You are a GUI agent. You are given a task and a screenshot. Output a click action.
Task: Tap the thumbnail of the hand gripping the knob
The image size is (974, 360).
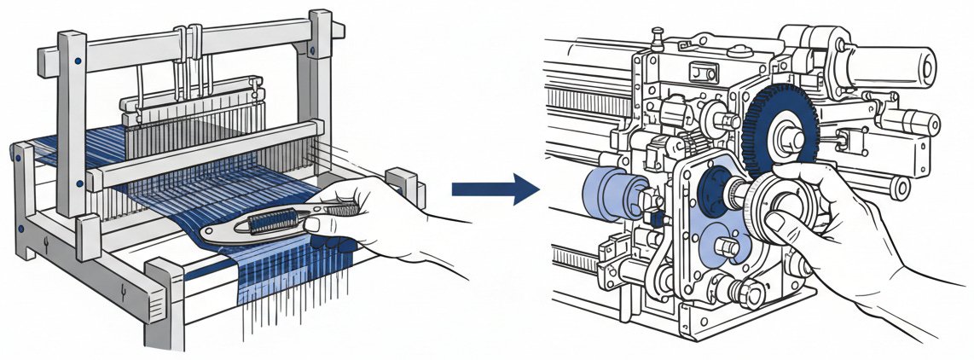[778, 224]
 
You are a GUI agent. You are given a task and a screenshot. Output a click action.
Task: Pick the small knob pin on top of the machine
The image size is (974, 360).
[657, 36]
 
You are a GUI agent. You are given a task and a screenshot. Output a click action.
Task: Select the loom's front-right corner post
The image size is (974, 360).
[162, 307]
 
